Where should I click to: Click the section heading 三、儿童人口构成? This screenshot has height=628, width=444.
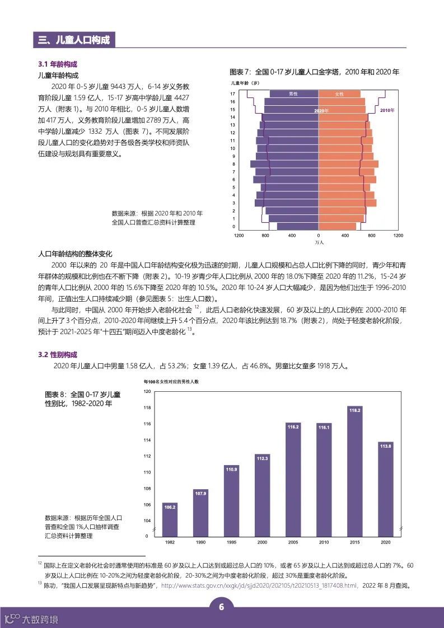(x=73, y=40)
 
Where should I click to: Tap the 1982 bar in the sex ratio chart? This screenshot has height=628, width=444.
(x=170, y=519)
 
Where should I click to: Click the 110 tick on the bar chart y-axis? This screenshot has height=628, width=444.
(x=147, y=472)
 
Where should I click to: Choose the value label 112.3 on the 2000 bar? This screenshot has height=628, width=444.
(x=263, y=458)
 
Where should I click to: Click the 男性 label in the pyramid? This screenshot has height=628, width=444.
(x=293, y=94)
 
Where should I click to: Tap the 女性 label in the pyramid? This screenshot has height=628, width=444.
(x=339, y=94)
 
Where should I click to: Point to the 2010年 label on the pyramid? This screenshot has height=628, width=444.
(x=387, y=110)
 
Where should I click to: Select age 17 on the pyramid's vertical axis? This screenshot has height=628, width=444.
(x=232, y=93)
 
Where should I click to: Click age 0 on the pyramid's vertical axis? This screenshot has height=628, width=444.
(x=233, y=227)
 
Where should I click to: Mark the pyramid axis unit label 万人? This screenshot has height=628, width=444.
(x=319, y=243)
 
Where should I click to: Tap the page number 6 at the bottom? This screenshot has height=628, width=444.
(x=222, y=608)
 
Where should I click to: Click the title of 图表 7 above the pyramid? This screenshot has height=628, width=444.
(x=315, y=72)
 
